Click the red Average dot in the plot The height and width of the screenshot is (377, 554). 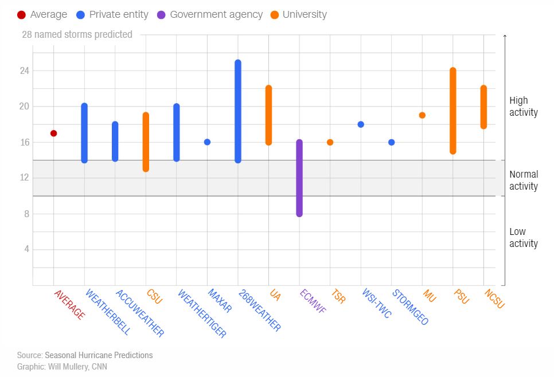point(53,133)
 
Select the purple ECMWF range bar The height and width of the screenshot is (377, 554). point(299,178)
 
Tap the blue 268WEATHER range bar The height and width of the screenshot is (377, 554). point(237,111)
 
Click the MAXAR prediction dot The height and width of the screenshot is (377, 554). point(207,142)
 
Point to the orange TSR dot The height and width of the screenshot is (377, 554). point(330,142)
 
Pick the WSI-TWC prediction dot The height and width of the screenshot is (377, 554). point(361,124)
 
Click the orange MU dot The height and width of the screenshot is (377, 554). point(422,115)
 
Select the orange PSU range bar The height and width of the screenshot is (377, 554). point(452,111)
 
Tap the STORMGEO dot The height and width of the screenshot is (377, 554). point(391,142)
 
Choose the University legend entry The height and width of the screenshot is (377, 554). point(298,14)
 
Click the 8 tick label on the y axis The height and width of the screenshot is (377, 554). point(25,214)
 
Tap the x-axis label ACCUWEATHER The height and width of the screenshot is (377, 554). point(139,313)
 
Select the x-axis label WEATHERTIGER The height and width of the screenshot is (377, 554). point(201,313)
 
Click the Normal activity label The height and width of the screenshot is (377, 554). point(524,180)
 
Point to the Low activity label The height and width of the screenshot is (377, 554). point(524,238)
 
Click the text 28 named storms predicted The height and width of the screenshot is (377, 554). point(77,34)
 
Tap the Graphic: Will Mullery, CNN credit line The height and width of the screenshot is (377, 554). point(62,367)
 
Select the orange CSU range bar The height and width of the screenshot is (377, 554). point(146,142)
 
